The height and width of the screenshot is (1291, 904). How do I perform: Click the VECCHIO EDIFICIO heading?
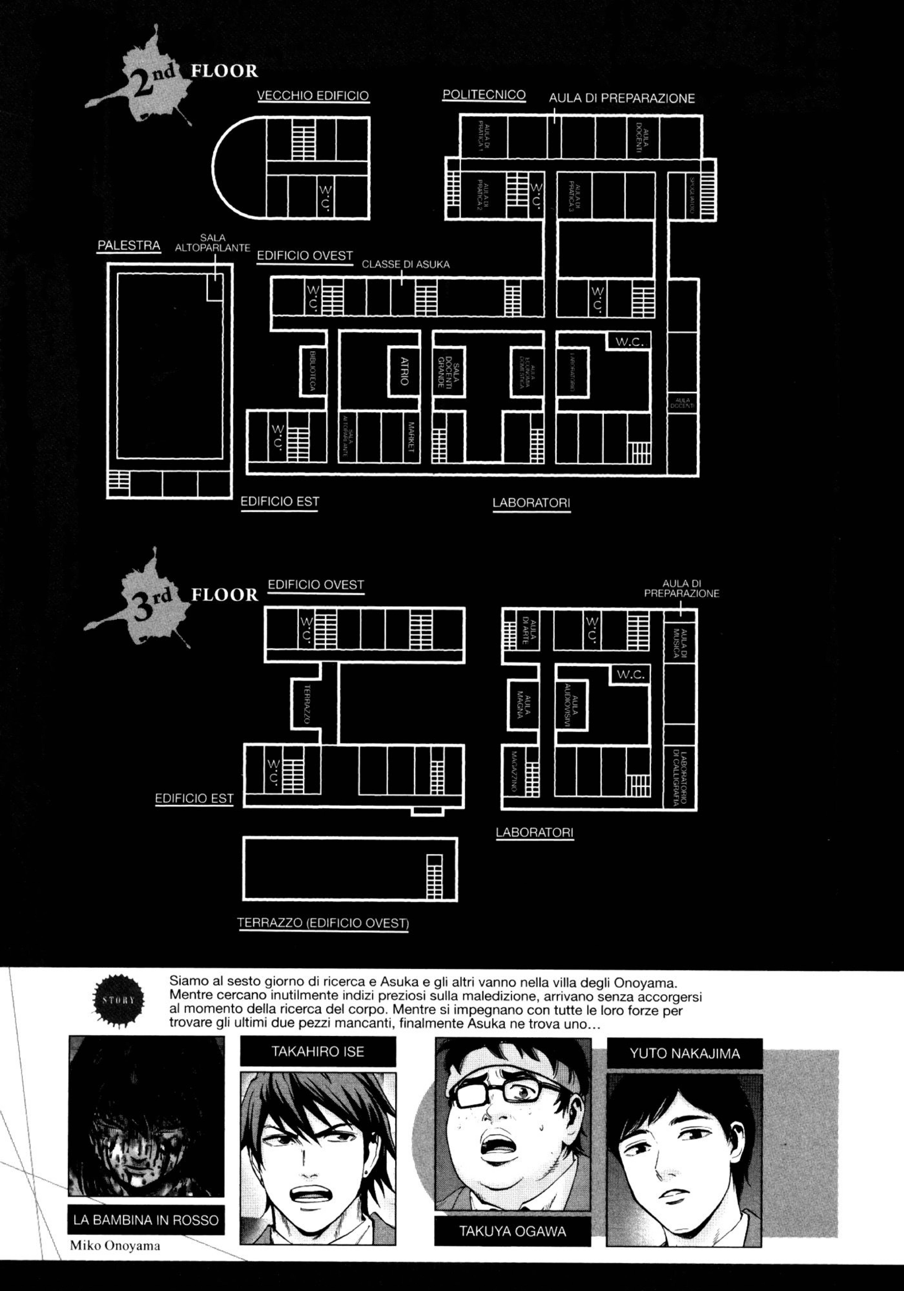[313, 96]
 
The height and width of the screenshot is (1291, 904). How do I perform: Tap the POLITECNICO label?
[484, 95]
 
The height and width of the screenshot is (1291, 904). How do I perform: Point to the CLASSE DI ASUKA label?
[406, 264]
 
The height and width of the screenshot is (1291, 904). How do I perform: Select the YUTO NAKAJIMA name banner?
[685, 1054]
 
